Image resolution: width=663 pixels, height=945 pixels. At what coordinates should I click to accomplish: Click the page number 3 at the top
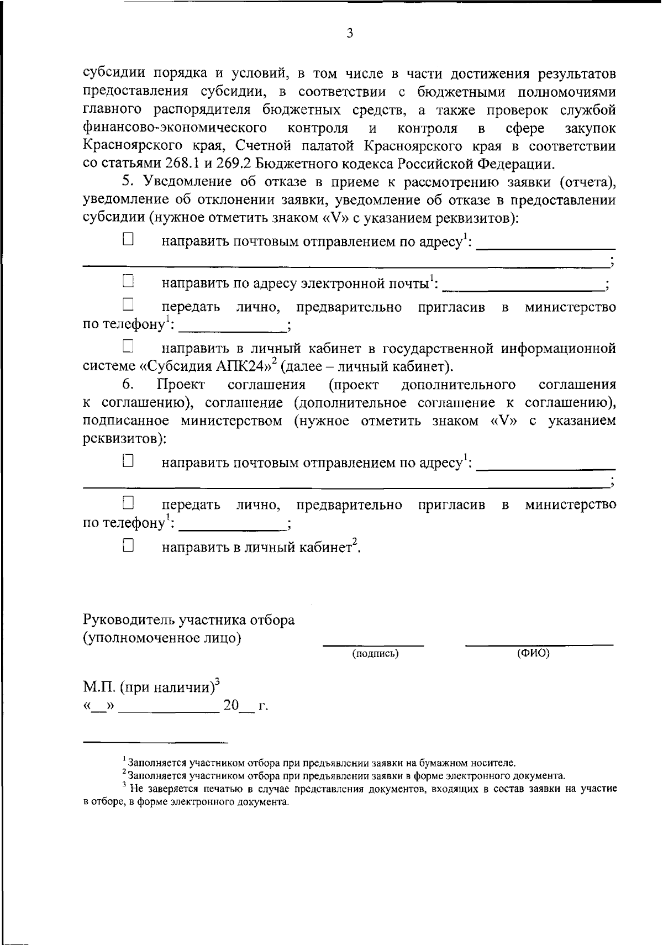tap(349, 34)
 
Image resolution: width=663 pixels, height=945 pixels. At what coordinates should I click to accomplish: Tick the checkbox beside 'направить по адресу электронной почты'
tap(128, 281)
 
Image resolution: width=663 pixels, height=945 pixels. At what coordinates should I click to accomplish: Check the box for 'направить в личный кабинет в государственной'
tap(128, 347)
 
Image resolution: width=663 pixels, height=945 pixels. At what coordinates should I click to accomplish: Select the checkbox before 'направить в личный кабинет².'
tap(128, 545)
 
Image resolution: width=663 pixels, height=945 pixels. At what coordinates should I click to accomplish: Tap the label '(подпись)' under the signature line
tap(375, 654)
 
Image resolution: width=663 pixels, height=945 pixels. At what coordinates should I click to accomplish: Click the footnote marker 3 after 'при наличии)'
tap(217, 682)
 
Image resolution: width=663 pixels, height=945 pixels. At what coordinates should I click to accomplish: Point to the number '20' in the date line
tap(231, 706)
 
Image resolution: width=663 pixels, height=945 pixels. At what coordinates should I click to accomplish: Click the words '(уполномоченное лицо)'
tap(162, 638)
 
